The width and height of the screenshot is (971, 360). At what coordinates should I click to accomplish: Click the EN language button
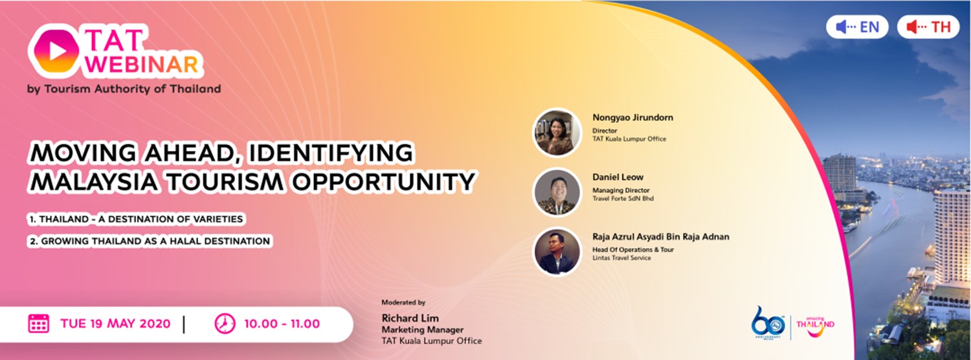(x=857, y=27)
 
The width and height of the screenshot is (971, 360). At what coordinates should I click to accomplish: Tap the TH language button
(x=928, y=27)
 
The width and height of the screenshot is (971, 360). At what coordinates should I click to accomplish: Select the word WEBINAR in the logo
(x=142, y=65)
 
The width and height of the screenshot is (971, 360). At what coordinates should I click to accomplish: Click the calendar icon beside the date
(x=39, y=323)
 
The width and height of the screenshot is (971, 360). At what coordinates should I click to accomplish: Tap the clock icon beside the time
(x=225, y=323)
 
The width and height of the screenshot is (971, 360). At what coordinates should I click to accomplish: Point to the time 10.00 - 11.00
(x=282, y=324)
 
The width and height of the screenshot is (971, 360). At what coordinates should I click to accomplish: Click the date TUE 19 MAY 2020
(x=115, y=324)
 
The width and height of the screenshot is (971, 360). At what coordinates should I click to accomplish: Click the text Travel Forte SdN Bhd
(x=623, y=199)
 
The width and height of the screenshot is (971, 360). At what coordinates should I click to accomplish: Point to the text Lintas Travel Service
(x=621, y=258)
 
